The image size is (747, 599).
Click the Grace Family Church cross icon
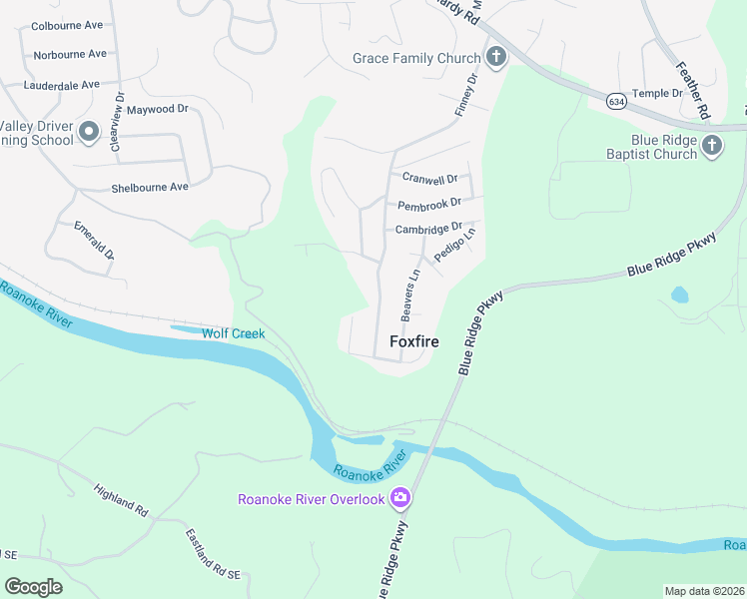(x=494, y=58)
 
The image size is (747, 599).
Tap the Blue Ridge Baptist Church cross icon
(x=711, y=147)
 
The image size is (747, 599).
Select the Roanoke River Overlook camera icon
(x=399, y=497)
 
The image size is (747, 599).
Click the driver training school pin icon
(x=87, y=131)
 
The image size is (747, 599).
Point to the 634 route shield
(x=616, y=100)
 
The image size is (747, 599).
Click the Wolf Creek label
(x=234, y=333)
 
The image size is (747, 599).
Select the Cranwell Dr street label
(x=429, y=179)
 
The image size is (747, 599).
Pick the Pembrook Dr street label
(x=428, y=205)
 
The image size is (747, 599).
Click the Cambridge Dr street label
(x=429, y=229)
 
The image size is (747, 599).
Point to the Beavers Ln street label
(x=409, y=295)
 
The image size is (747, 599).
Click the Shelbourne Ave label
(x=150, y=187)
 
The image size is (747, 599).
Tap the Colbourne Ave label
(x=69, y=27)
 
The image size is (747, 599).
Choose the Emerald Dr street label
(x=95, y=239)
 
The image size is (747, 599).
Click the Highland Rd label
(x=121, y=499)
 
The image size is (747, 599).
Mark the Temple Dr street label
(x=657, y=93)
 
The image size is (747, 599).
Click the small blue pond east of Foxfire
(x=679, y=295)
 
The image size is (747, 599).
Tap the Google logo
(x=34, y=587)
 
